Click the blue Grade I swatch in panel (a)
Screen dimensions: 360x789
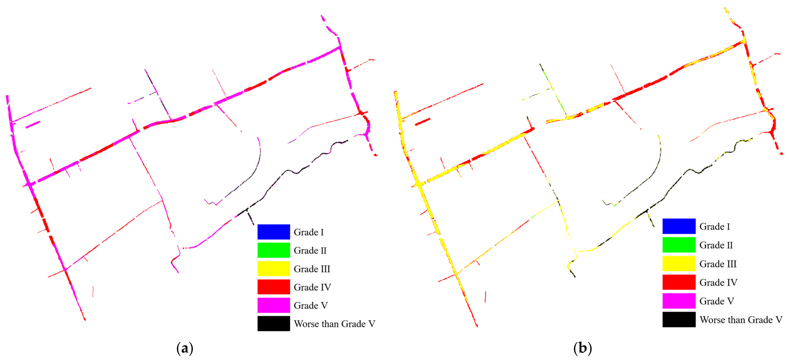[274, 232]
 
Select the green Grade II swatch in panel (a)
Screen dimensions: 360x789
[274, 250]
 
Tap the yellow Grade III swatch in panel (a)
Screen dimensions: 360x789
[274, 269]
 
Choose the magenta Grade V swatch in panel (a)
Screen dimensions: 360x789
[274, 305]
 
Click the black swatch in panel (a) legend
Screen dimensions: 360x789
[274, 323]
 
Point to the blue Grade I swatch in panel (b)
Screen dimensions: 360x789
[679, 226]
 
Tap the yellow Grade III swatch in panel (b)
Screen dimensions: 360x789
[679, 264]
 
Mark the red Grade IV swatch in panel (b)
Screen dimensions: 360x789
[679, 282]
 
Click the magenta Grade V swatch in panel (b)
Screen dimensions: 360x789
[679, 301]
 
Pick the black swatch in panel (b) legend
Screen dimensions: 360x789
[679, 319]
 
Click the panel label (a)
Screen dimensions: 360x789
[185, 349]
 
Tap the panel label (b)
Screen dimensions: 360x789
[583, 349]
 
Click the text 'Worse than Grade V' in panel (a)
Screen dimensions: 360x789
[334, 324]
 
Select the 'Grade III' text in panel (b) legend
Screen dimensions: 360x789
[718, 264]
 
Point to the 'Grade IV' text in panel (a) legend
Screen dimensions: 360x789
[312, 287]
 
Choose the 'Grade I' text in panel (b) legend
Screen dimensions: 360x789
[714, 227]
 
